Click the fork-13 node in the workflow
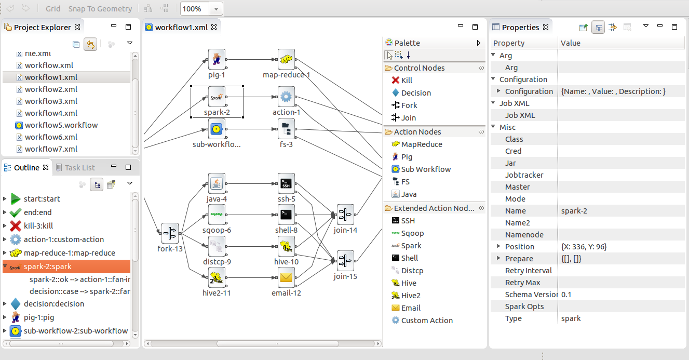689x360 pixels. point(170,233)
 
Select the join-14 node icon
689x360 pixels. point(345,214)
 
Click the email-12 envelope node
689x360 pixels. point(286,277)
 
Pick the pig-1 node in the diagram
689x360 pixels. point(217,59)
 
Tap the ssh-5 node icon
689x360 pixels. point(286,182)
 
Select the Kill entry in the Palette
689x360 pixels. point(407,81)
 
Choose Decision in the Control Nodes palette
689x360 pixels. point(416,93)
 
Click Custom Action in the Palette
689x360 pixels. point(427,321)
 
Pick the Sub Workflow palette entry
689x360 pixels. point(426,169)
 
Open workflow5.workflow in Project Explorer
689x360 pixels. point(61,125)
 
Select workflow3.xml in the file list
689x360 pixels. point(51,101)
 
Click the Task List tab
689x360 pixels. point(79,167)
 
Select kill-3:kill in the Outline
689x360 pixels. point(38,226)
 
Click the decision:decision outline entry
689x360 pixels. point(53,304)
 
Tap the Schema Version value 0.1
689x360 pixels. point(566,295)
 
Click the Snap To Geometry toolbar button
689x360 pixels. point(100,9)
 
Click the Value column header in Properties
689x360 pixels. point(570,43)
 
